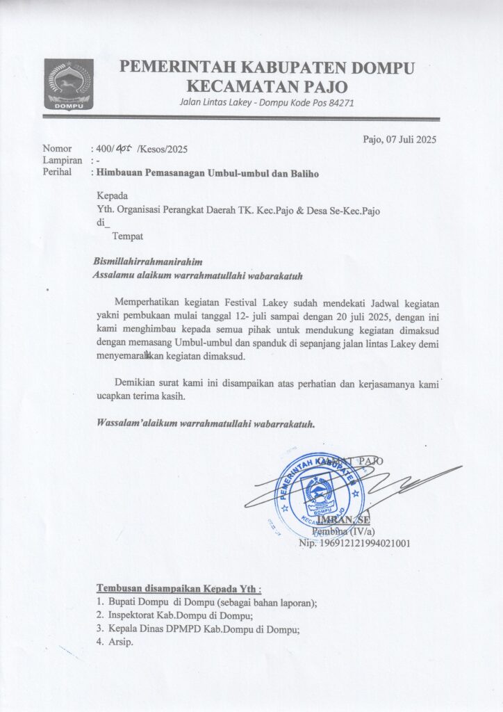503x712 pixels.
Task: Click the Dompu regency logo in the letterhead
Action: coord(69,83)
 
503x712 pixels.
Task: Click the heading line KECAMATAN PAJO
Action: coord(267,87)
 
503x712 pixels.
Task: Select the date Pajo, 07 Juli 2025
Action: coord(399,139)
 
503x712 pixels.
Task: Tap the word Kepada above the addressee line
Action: coord(113,197)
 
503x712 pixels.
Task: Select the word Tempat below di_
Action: coord(128,236)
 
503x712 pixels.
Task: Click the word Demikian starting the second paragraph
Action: coord(135,382)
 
